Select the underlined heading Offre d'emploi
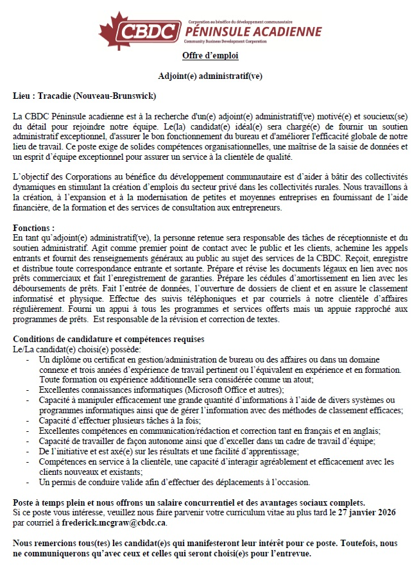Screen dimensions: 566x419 click(x=210, y=56)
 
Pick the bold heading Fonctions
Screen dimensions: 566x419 click(x=33, y=228)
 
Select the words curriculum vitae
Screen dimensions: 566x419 click(x=229, y=512)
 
